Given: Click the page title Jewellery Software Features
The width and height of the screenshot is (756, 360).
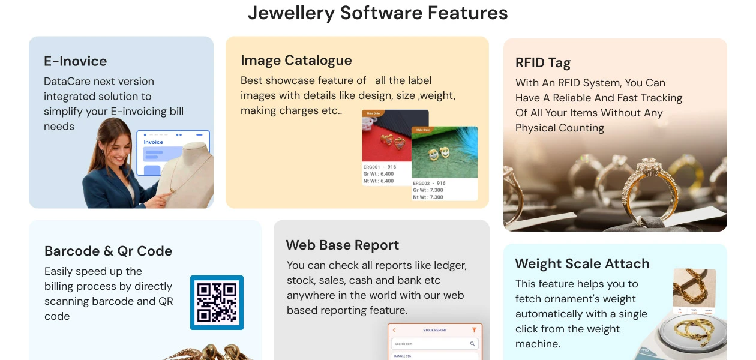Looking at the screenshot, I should pyautogui.click(x=377, y=13).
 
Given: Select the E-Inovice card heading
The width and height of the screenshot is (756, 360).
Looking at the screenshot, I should pyautogui.click(x=75, y=61).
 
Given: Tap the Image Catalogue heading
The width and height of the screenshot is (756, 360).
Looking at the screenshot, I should pyautogui.click(x=296, y=60).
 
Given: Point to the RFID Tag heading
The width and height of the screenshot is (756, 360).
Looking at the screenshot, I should pyautogui.click(x=542, y=63).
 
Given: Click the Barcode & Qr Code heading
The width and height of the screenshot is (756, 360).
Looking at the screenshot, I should pyautogui.click(x=108, y=251).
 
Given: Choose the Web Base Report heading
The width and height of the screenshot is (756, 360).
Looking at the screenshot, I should pyautogui.click(x=342, y=245).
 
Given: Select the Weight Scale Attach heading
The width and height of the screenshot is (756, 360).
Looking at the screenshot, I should pyautogui.click(x=582, y=263).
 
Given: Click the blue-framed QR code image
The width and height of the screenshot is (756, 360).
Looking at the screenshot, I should pyautogui.click(x=217, y=302).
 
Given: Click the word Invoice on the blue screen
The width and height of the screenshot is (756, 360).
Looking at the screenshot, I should pyautogui.click(x=153, y=142).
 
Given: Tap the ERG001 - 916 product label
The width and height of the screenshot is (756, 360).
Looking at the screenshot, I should pyautogui.click(x=380, y=167).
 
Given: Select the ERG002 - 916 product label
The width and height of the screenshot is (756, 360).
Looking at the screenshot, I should pyautogui.click(x=429, y=183).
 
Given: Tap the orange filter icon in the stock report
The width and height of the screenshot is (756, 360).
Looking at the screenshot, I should pyautogui.click(x=474, y=330).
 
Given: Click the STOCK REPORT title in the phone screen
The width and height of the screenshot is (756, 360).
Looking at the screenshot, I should pyautogui.click(x=434, y=330).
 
